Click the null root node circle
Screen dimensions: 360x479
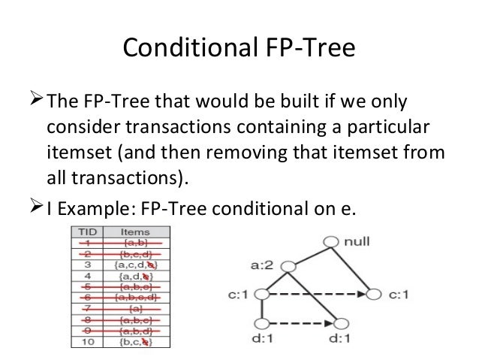tap(331, 242)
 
